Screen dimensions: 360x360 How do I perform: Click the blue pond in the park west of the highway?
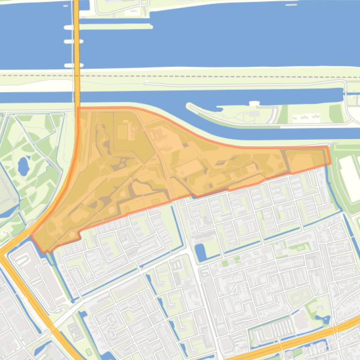(23, 166)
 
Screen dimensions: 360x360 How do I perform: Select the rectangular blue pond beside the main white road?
(200, 252)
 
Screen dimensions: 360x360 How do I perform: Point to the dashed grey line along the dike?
(211, 75)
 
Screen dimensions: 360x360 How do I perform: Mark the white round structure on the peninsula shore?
(254, 103)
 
